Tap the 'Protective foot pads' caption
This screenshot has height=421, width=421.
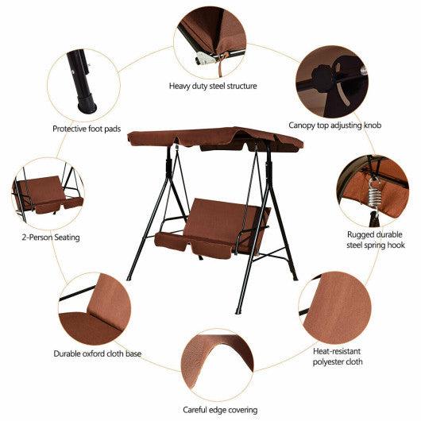coord(87,128)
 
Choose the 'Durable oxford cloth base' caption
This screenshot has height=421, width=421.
coord(98,353)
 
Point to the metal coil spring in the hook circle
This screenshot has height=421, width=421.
coord(376,191)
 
